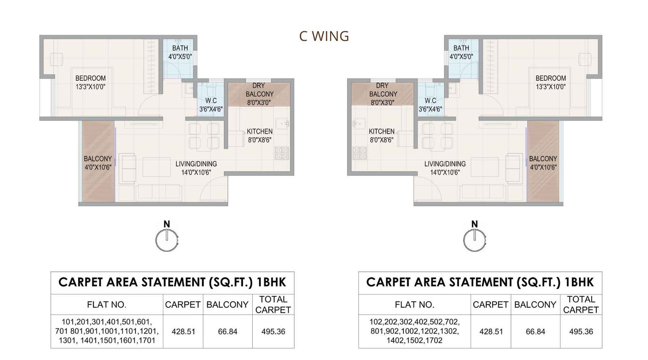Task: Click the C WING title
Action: (x=324, y=36)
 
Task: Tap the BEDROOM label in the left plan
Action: (x=90, y=82)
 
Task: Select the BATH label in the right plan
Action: (x=461, y=52)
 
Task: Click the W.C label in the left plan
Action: (x=211, y=105)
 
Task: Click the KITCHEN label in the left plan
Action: (x=259, y=136)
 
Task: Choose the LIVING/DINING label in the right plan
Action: (x=445, y=168)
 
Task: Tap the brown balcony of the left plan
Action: (x=98, y=162)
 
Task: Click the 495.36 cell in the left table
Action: (x=273, y=332)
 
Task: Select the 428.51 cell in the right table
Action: (x=491, y=332)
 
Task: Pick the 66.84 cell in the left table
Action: (x=228, y=332)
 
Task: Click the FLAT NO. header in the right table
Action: (x=414, y=305)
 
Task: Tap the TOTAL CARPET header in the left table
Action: (x=273, y=305)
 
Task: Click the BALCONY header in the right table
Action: (x=535, y=305)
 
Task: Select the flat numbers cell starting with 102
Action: (x=414, y=331)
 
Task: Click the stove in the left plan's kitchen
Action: (x=282, y=153)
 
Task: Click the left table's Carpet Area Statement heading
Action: (x=172, y=282)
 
